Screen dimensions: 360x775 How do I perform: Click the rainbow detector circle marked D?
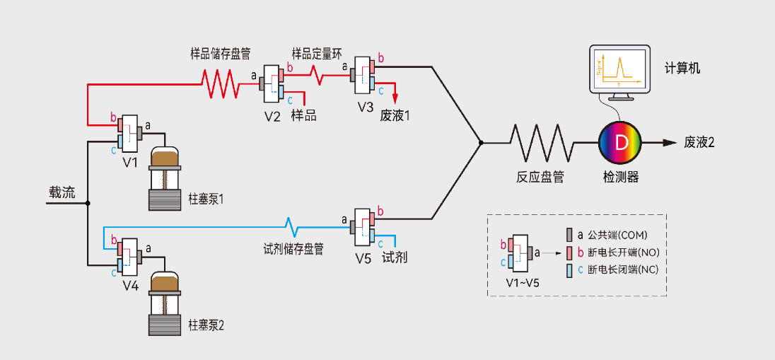coord(621,143)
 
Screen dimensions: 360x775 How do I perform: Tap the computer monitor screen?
coord(619,69)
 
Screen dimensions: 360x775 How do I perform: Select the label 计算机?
coord(682,68)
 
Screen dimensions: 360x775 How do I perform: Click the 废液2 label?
coord(699,142)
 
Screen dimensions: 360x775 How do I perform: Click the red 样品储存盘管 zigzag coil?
coord(220,83)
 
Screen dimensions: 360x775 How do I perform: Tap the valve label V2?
coord(272,115)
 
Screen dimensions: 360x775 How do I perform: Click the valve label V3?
coord(365,107)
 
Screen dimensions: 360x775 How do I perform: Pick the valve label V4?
coord(130,285)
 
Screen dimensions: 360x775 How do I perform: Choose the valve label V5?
coord(363,258)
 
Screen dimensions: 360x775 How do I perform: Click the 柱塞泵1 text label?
coord(206,199)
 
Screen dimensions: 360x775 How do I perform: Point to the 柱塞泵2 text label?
coord(206,325)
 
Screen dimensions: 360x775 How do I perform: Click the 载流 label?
coord(62,192)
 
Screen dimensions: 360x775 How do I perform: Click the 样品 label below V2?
coord(303,115)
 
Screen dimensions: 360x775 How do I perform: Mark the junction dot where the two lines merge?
coord(480,143)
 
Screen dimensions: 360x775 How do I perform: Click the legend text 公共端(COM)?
coord(617,235)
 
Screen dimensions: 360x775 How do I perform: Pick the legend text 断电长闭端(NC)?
coord(623,269)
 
